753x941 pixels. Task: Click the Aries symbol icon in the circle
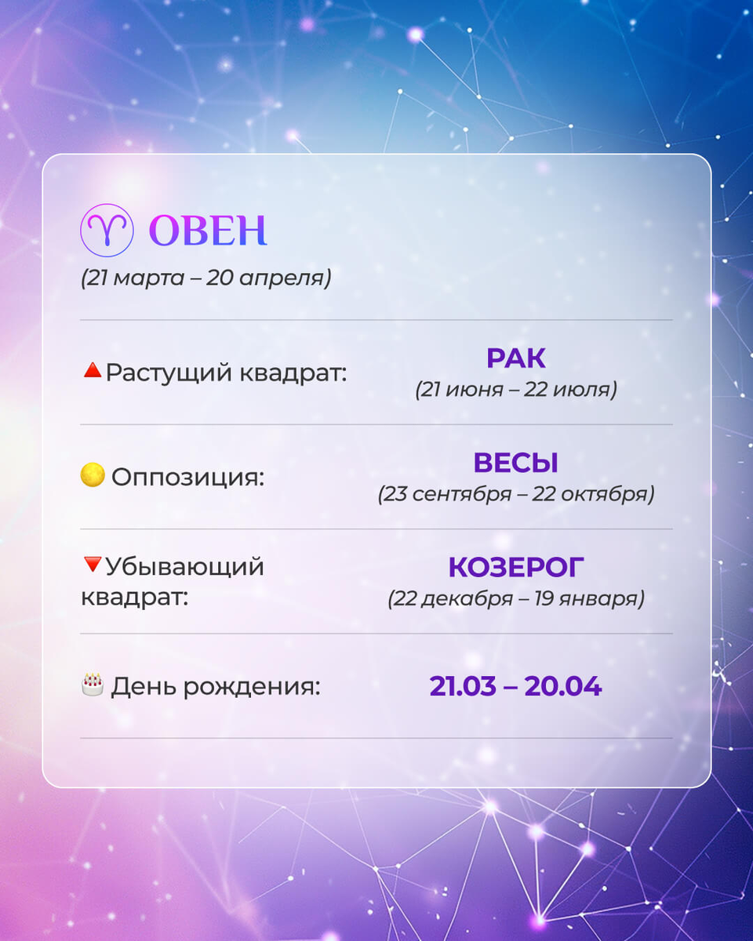click(105, 230)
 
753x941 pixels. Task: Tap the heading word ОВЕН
click(208, 231)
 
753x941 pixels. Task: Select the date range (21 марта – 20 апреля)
click(206, 278)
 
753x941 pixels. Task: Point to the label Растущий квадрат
click(226, 372)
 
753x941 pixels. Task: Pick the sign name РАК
click(515, 358)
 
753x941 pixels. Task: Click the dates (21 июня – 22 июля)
click(515, 389)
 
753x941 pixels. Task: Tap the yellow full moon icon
click(93, 475)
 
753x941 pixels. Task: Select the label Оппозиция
click(187, 477)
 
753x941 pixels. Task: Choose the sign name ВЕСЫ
click(515, 463)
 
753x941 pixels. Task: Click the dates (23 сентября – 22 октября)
click(515, 495)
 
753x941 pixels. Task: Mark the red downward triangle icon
click(92, 564)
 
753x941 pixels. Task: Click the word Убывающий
click(185, 566)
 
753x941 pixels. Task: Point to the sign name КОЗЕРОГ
click(515, 567)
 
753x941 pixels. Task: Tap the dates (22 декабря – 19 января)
click(515, 599)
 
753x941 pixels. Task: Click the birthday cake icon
click(93, 685)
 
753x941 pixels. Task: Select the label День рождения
click(216, 687)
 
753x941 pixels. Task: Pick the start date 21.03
click(463, 686)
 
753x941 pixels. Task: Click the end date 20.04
click(562, 686)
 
